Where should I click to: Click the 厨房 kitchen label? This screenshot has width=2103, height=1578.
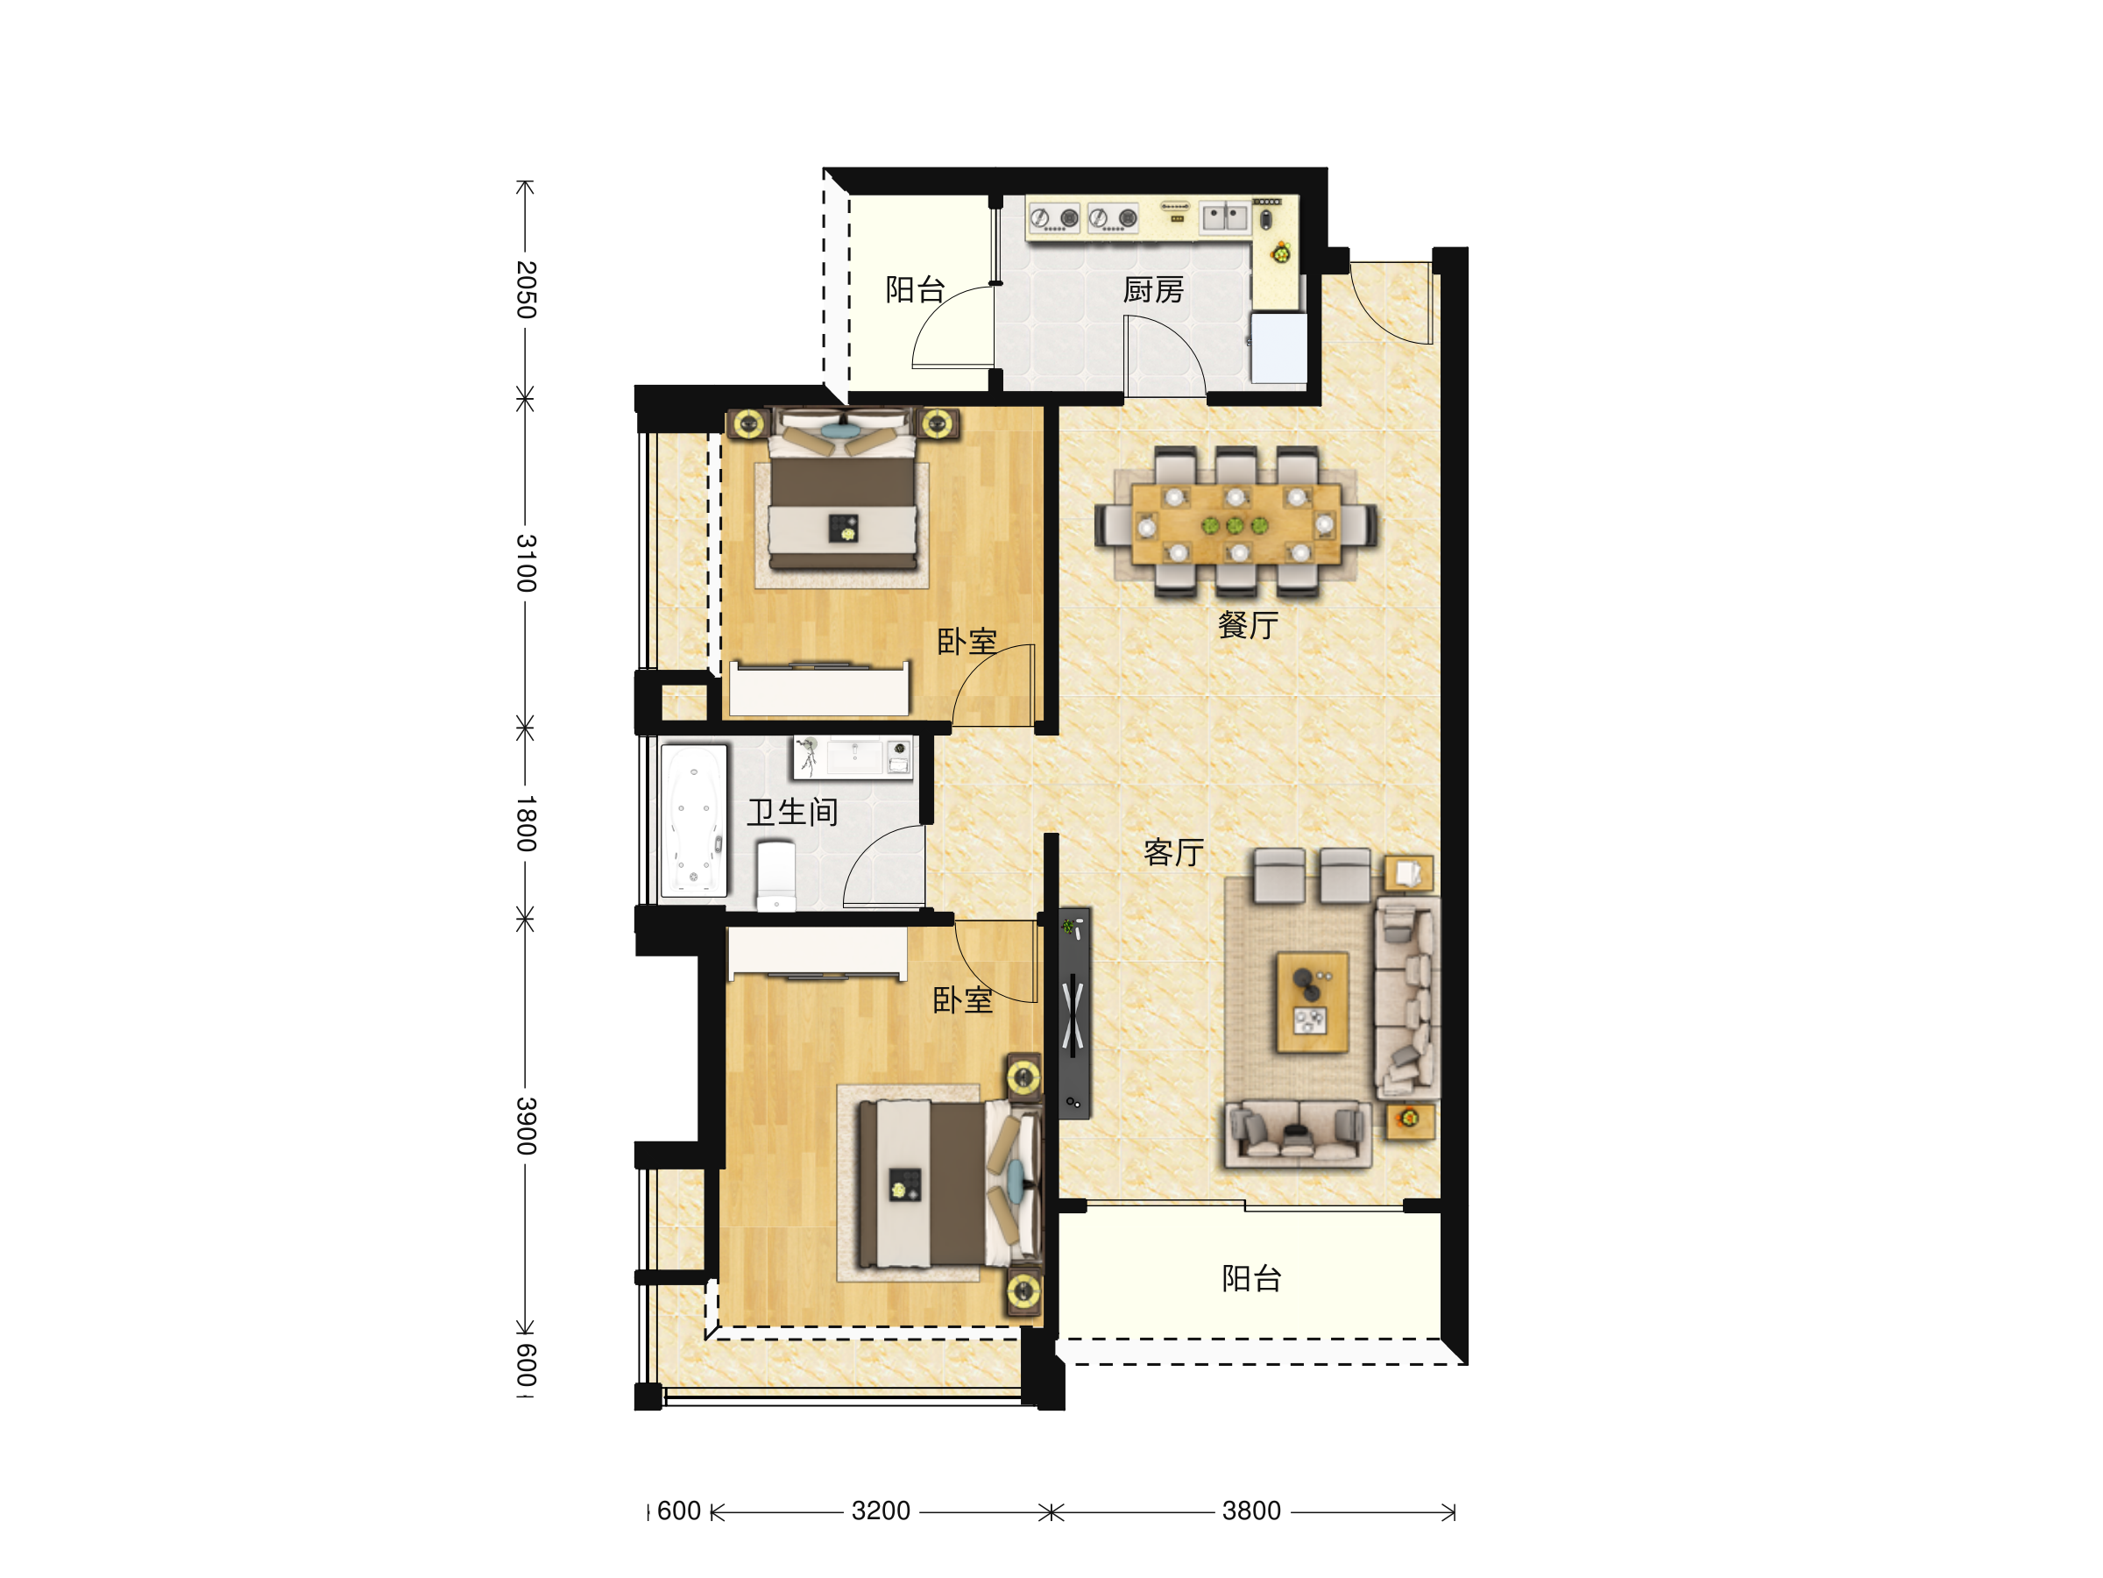[1153, 289]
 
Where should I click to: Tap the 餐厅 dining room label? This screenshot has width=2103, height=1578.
[1249, 625]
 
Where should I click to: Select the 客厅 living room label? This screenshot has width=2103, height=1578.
[1174, 852]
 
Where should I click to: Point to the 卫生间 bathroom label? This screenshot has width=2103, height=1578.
[792, 813]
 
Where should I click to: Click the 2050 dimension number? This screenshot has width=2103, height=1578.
[526, 289]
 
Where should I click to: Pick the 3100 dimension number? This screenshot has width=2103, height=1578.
[526, 563]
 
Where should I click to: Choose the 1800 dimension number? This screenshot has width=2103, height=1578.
[526, 823]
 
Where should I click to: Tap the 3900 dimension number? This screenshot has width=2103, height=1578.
[526, 1126]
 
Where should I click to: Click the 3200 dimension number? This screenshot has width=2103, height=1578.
[881, 1510]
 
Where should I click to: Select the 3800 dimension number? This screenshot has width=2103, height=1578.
[1251, 1510]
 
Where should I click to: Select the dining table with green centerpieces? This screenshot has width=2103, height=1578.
[1235, 524]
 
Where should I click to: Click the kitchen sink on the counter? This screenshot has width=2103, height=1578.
[1224, 217]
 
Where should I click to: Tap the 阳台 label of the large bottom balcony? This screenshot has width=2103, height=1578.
[1251, 1278]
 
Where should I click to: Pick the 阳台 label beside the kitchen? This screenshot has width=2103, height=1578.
[915, 289]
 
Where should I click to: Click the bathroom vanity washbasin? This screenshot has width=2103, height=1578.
[853, 758]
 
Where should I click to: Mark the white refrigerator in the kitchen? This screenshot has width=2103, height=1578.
[1278, 348]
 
